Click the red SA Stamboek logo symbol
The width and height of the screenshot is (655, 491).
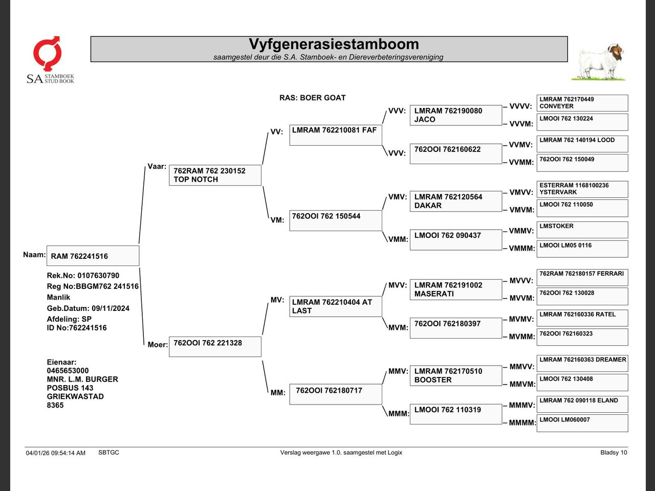tap(47, 54)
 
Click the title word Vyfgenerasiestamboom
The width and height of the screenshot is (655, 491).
tap(334, 44)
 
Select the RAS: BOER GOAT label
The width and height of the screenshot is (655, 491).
tap(312, 98)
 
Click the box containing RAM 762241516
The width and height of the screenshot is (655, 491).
tap(93, 256)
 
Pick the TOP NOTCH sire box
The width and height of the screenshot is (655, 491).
tap(215, 175)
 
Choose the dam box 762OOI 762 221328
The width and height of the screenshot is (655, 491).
tap(215, 347)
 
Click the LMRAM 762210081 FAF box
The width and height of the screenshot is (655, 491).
tap(336, 136)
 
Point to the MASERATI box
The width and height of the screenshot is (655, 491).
tap(456, 289)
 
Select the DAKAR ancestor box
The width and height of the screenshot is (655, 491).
tap(456, 201)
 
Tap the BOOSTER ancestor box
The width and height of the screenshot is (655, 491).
tap(456, 375)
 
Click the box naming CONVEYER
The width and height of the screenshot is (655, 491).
tap(582, 103)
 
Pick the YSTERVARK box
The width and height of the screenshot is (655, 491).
tap(582, 189)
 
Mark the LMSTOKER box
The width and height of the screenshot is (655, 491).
tap(582, 230)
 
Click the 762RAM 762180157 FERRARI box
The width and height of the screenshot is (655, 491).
tap(582, 278)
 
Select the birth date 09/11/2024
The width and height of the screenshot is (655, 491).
tap(111, 308)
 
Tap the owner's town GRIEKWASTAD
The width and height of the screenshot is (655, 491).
tap(75, 396)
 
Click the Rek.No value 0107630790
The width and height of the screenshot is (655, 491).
tap(98, 276)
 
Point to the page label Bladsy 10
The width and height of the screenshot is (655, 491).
tap(614, 453)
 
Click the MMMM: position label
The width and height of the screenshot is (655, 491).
tap(522, 423)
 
